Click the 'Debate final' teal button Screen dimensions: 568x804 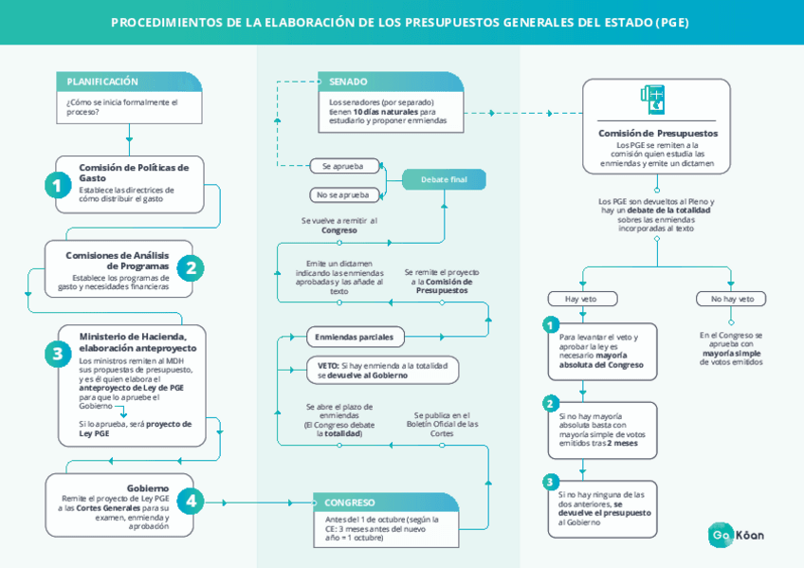point(444,179)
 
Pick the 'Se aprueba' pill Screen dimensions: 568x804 point(343,166)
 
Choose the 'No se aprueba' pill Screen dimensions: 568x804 point(343,194)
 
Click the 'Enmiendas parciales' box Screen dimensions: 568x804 point(355,337)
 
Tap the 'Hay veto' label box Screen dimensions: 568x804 point(581,299)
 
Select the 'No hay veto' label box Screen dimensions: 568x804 point(731,299)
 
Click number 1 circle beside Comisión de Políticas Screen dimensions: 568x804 point(58,185)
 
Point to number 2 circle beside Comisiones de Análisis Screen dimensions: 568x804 point(191,268)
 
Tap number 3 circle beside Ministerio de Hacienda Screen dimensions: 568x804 point(58,354)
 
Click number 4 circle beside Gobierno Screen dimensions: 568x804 point(191,501)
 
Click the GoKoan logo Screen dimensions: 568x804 point(737,535)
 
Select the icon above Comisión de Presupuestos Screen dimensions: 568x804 point(653,100)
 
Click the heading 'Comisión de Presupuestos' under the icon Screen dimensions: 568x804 point(657,134)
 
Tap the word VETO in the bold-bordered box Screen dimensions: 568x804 point(328,365)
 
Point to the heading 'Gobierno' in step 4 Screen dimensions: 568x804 point(148,487)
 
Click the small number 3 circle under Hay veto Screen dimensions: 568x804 point(551,481)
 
